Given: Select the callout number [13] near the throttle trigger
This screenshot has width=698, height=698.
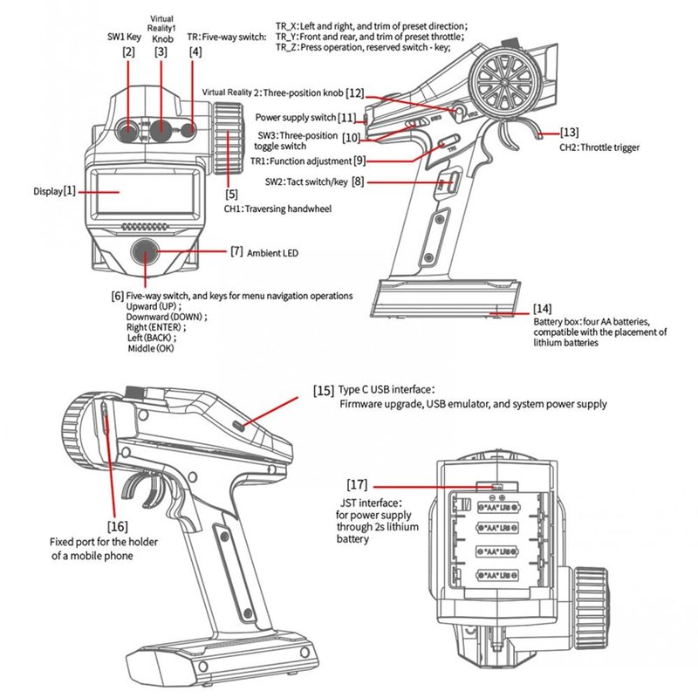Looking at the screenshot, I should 570,133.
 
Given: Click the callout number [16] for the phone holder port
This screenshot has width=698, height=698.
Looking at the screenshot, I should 117,526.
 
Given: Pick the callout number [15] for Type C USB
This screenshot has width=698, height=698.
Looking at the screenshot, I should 323,389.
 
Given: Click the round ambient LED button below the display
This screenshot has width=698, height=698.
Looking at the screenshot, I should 146,252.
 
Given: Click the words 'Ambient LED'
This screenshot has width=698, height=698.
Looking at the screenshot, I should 273,252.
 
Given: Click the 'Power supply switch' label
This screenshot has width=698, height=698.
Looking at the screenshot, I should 296,117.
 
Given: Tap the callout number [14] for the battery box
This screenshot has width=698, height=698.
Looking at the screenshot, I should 543,309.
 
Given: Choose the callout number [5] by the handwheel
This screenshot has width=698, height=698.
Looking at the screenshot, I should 231,194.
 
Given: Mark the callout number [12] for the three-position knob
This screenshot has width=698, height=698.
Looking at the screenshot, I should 354,92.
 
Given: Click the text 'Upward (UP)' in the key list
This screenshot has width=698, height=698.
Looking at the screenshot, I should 155,307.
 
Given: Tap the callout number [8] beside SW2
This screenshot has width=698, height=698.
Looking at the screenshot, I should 358,181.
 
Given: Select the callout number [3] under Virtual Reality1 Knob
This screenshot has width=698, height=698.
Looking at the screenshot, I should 161,52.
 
